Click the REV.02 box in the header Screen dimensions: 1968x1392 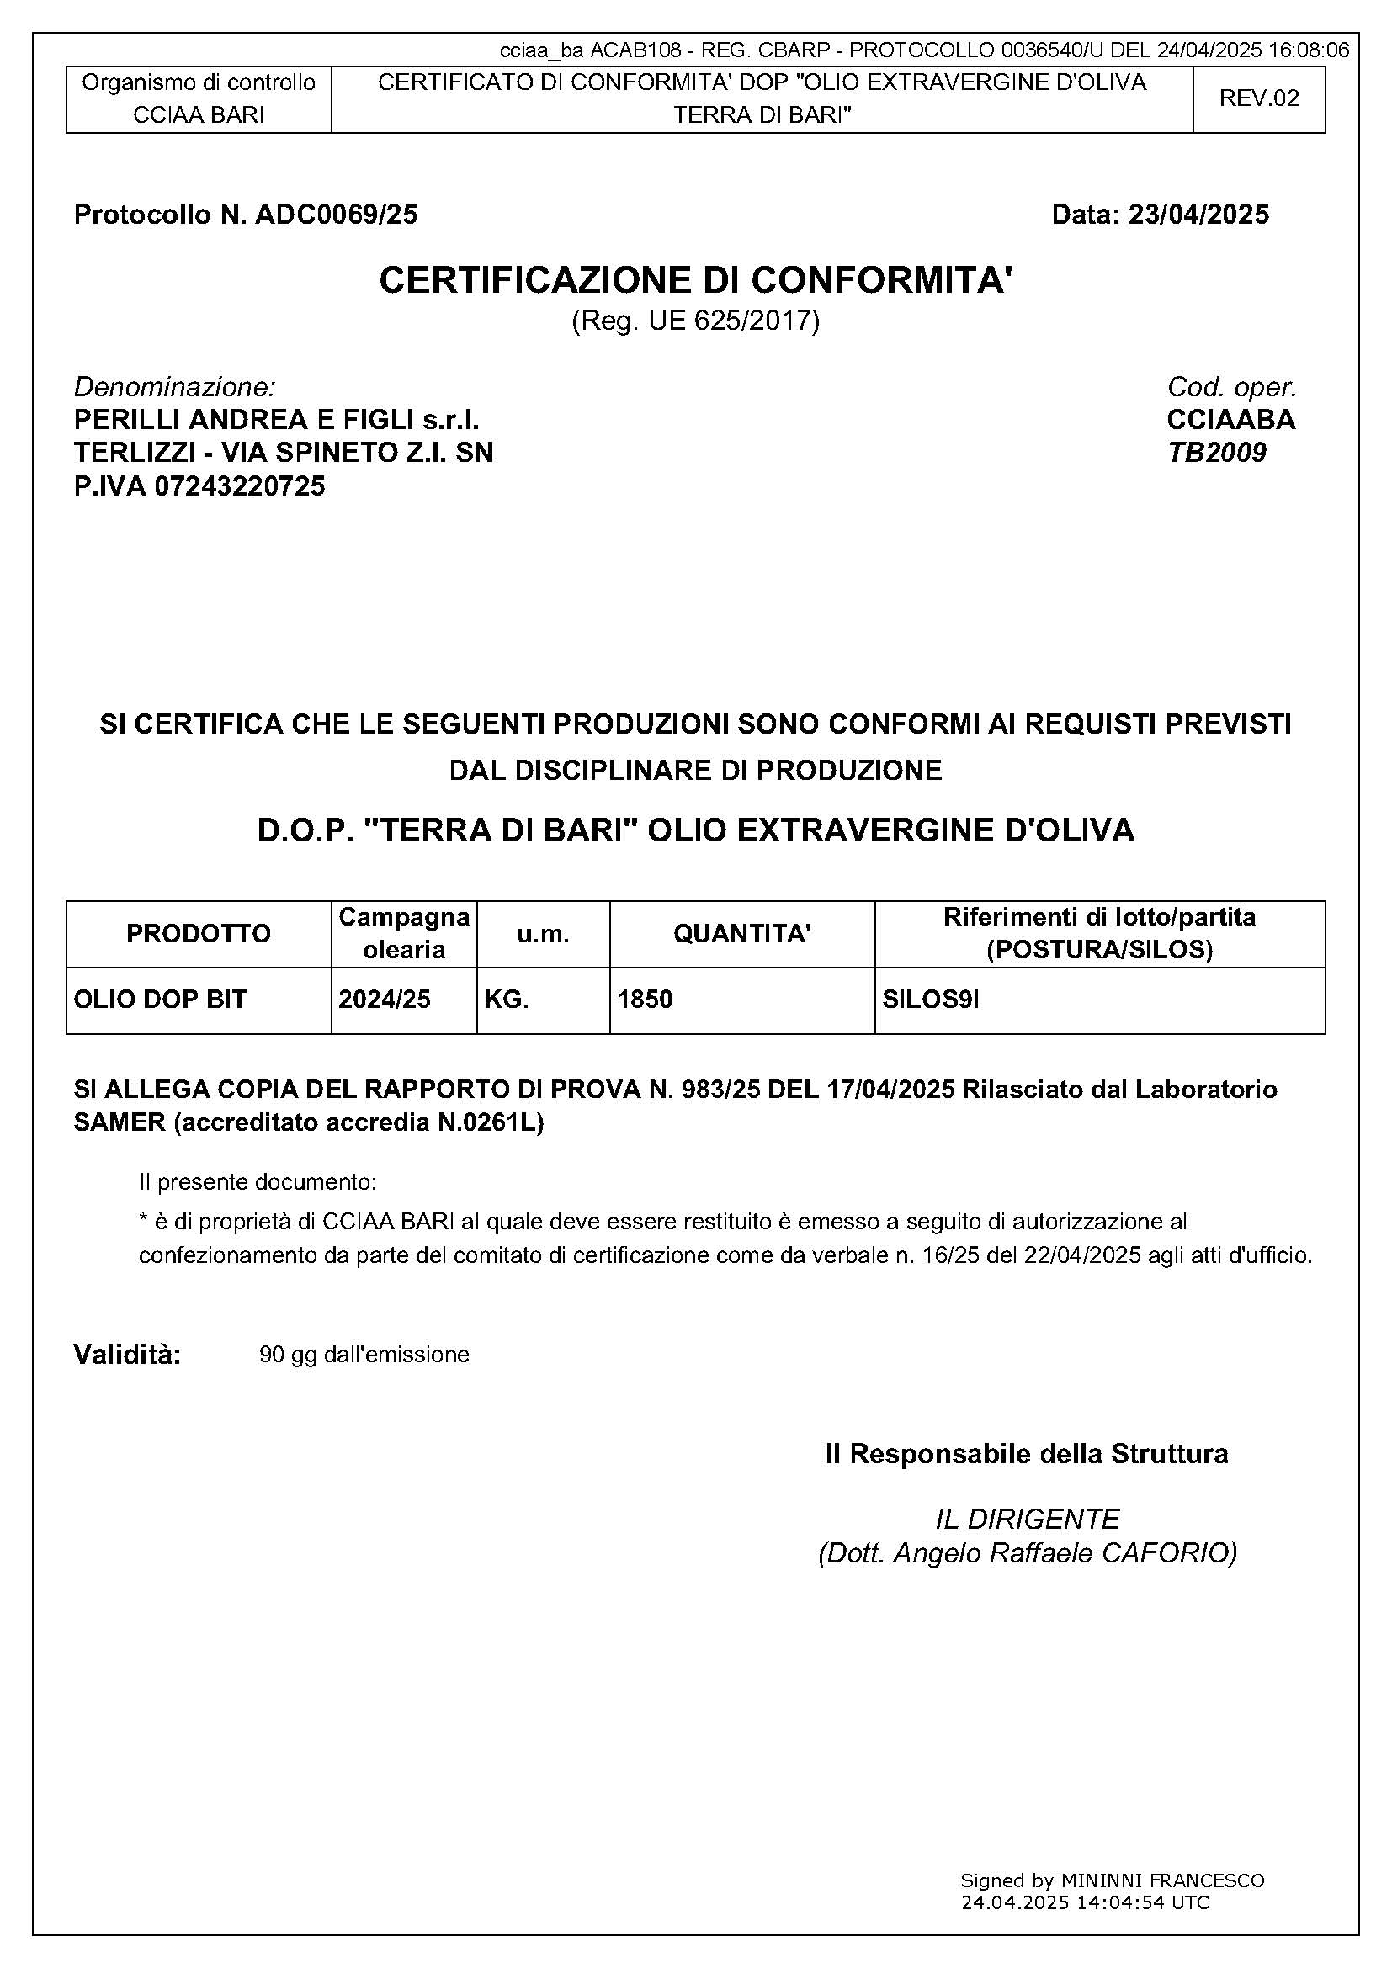tap(1258, 98)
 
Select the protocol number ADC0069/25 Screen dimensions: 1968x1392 tap(336, 215)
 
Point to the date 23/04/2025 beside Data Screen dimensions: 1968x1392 tap(1198, 215)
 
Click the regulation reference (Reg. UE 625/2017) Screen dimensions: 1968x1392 tap(695, 321)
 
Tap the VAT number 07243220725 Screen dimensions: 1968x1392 tap(239, 487)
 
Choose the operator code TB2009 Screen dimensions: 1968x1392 tap(1216, 453)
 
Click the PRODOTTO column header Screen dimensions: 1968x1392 tap(198, 933)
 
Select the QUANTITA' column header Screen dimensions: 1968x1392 tap(741, 933)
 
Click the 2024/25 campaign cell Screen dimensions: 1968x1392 tap(384, 1000)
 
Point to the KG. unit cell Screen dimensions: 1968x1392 tap(506, 1000)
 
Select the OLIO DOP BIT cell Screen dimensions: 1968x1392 tap(159, 1000)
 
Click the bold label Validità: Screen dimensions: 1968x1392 tap(127, 1355)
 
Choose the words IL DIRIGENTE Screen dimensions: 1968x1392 tap(1027, 1520)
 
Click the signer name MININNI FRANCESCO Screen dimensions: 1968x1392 tap(1162, 1880)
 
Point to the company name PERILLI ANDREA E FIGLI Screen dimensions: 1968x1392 tap(235, 420)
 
